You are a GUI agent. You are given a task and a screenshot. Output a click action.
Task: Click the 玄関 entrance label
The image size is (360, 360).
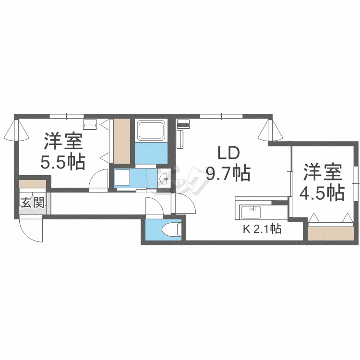(32, 202)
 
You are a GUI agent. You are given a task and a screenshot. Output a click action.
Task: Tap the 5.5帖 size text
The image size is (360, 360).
(63, 162)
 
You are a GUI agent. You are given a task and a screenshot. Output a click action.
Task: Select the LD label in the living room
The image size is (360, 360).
(228, 153)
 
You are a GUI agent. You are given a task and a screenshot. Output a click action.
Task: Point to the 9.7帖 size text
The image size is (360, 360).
(228, 173)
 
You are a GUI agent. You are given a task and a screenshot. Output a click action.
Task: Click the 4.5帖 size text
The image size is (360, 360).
(322, 192)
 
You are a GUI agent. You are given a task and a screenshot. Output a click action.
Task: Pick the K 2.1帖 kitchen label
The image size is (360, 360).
(262, 229)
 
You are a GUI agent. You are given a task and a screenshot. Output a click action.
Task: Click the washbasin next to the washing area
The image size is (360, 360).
(164, 178)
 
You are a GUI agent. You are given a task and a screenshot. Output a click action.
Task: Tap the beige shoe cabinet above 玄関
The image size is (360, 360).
(32, 184)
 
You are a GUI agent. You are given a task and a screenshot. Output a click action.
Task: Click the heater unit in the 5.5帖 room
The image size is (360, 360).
(90, 124)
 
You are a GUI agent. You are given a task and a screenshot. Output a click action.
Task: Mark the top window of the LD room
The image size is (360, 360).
(221, 115)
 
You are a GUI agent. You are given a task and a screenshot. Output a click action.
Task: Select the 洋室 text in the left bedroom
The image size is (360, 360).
(63, 141)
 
